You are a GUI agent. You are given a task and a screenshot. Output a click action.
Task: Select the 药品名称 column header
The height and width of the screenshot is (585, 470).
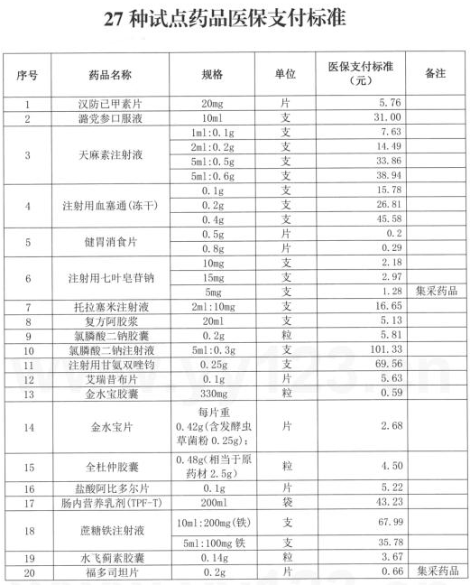(110, 74)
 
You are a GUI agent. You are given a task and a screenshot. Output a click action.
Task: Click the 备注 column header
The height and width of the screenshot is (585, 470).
(435, 74)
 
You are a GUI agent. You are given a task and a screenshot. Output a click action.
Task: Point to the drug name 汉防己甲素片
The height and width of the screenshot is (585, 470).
(110, 104)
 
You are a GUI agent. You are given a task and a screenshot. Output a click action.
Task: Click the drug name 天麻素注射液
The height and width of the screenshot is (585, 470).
(110, 154)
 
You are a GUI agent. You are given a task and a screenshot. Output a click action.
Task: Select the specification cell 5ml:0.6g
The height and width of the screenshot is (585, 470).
(212, 176)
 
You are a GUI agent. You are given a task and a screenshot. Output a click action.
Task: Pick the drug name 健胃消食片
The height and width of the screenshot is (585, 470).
(110, 241)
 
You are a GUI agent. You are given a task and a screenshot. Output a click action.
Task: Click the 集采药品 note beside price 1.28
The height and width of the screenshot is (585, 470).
(436, 292)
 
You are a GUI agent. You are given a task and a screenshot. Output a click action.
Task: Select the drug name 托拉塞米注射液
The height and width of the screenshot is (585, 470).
(110, 306)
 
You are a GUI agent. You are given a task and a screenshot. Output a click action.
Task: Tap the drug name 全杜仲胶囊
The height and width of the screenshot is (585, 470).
(110, 467)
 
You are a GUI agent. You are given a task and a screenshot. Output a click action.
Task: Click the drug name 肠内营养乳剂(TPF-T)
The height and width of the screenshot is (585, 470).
(110, 503)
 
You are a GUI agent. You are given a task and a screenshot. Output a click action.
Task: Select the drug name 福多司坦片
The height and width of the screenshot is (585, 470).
(110, 571)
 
